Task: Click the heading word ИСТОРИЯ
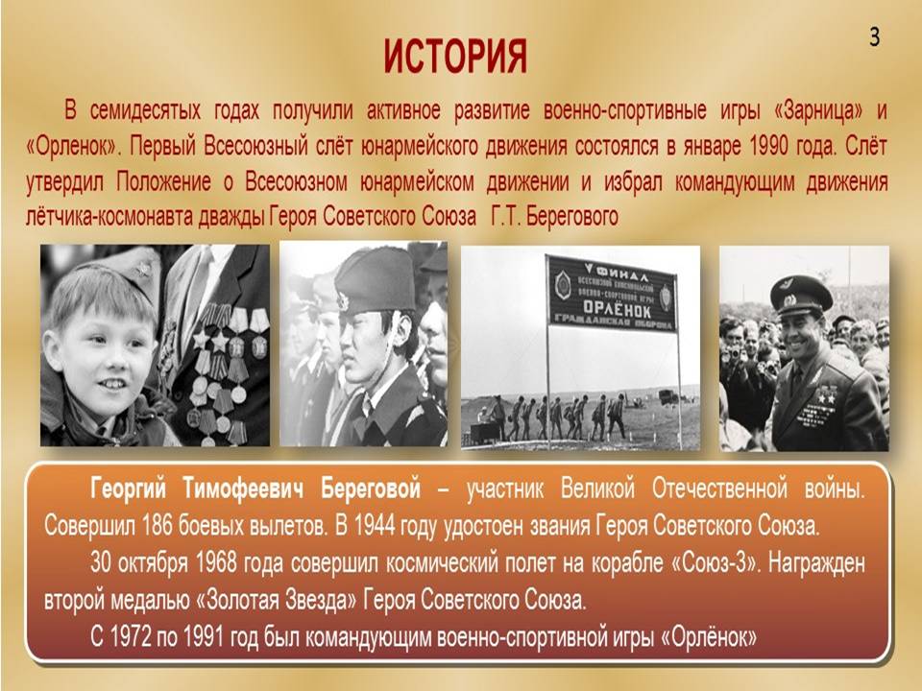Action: pos(455,57)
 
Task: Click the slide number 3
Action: pos(874,37)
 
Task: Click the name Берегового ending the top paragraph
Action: pos(571,217)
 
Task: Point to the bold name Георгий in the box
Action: pos(128,488)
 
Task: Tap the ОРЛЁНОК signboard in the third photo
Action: pos(612,293)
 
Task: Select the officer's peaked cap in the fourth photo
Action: pos(800,292)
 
